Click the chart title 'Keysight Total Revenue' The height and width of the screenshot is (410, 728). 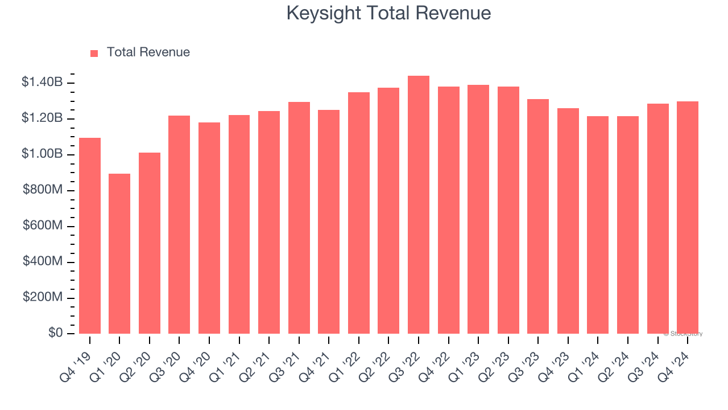(x=388, y=13)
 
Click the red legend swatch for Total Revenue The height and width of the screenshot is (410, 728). (x=94, y=53)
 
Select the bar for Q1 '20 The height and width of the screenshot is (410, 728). (x=119, y=253)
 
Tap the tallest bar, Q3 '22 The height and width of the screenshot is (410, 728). (x=419, y=205)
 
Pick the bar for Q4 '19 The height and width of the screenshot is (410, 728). (x=90, y=236)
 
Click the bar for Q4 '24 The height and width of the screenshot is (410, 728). (x=688, y=218)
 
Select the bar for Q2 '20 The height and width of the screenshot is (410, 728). (x=150, y=243)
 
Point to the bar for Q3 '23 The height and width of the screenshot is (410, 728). (x=538, y=216)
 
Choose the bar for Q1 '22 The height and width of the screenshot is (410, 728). (x=359, y=213)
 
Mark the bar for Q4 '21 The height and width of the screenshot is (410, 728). (x=329, y=222)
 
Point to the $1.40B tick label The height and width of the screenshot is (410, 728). (x=42, y=82)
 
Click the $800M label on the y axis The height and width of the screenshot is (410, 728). (x=43, y=190)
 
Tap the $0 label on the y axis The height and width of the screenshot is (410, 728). (x=56, y=333)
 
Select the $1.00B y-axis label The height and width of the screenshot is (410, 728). (x=42, y=154)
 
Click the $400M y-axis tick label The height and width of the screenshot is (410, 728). (x=43, y=261)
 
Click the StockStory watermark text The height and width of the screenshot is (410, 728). (x=683, y=334)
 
